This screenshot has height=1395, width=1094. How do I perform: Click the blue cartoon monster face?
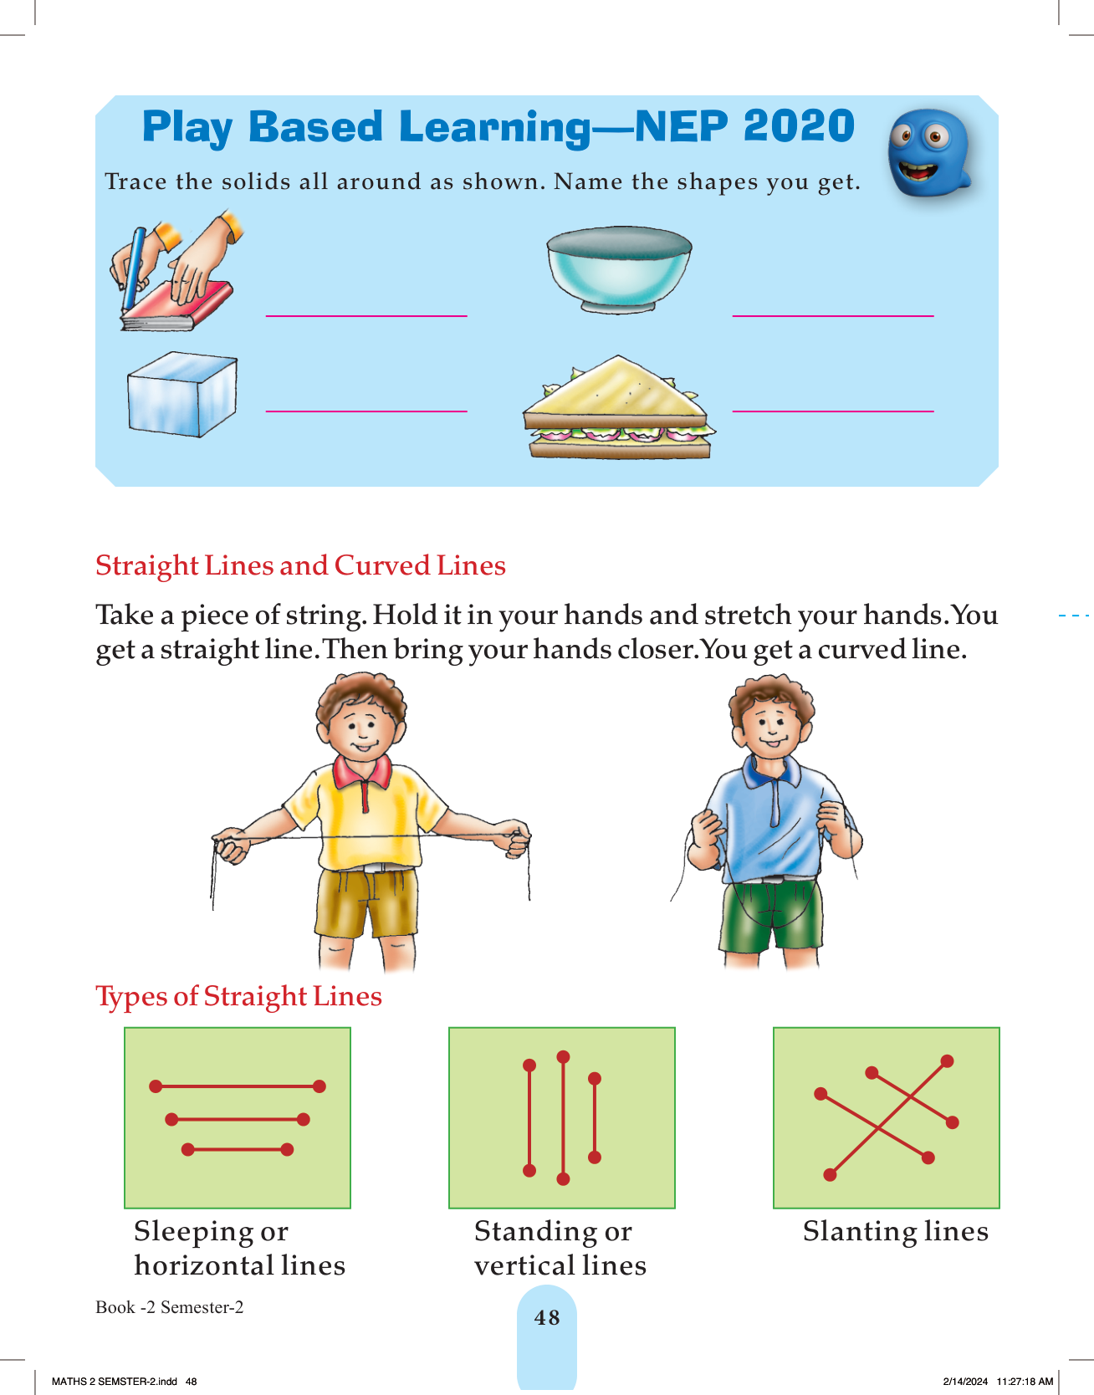[x=928, y=154]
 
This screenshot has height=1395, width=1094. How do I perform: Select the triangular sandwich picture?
[x=618, y=407]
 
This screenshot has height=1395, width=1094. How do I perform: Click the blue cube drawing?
[x=182, y=394]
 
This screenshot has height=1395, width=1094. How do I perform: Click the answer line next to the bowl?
[x=833, y=316]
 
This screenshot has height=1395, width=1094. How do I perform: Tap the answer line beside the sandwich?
[x=833, y=411]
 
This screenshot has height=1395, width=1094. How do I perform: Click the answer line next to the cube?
[x=366, y=411]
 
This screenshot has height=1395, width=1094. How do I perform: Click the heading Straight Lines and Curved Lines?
[x=300, y=566]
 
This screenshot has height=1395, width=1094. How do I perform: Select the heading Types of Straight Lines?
[x=238, y=997]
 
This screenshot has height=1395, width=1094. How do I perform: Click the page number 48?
[x=547, y=1318]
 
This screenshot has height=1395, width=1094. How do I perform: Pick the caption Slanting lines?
[x=896, y=1232]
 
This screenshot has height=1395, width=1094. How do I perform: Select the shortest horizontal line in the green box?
[x=238, y=1150]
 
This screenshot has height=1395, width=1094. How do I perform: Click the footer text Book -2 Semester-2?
[x=170, y=1307]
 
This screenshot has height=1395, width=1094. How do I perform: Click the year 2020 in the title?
[x=799, y=127]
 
